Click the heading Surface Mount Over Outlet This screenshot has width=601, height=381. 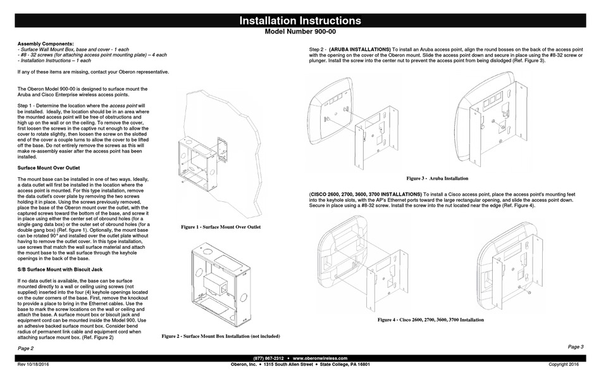(48, 168)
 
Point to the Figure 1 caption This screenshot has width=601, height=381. (221, 226)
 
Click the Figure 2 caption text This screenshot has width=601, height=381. (221, 335)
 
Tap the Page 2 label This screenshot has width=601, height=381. (26, 348)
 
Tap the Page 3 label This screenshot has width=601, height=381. (576, 347)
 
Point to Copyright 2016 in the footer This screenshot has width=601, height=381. (564, 365)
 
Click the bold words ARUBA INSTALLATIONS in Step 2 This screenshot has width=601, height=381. (360, 49)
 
